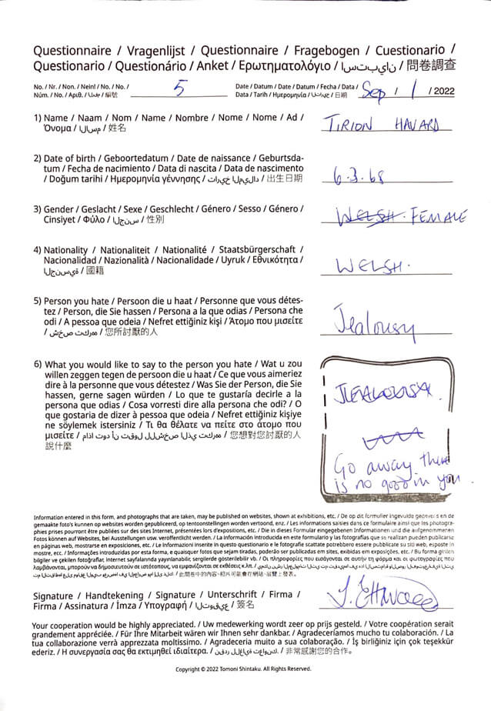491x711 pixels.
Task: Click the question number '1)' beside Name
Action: click(37, 118)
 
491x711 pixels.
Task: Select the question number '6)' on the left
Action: click(37, 364)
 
